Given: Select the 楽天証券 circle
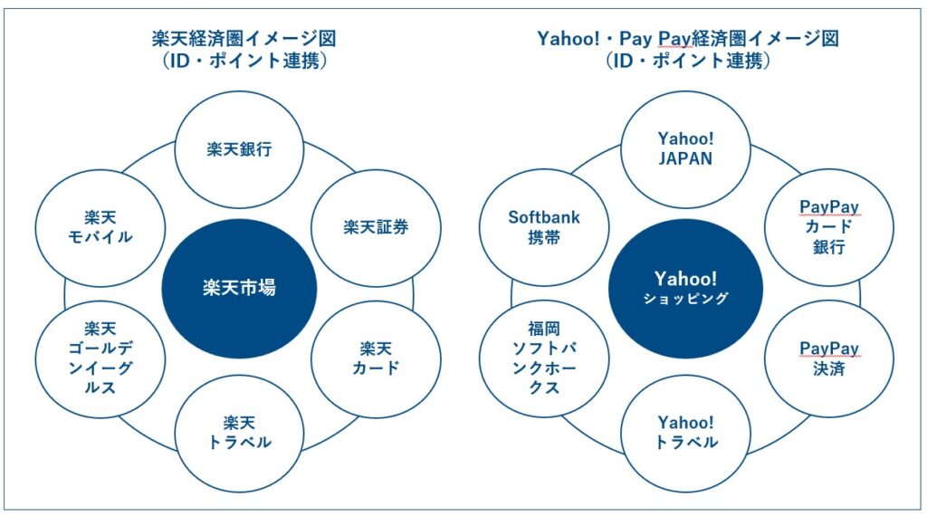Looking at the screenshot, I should [376, 227].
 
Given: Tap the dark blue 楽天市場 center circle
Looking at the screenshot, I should [239, 290].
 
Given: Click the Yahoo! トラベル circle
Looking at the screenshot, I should [685, 432].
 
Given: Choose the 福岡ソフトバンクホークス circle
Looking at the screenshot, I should [544, 358].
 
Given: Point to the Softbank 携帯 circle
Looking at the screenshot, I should [544, 227].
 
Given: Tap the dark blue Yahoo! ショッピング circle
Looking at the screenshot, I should [685, 288].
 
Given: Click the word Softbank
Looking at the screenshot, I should [544, 217].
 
